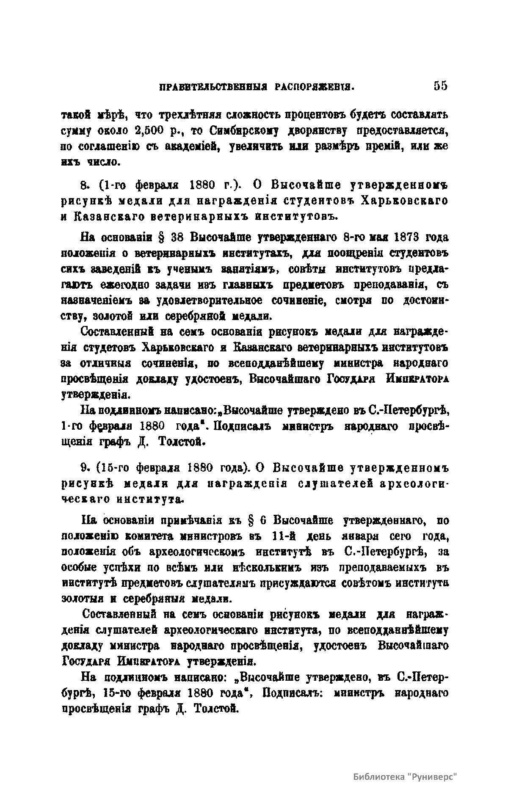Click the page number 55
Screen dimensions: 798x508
tap(440, 86)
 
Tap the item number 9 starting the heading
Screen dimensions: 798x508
tap(83, 468)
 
